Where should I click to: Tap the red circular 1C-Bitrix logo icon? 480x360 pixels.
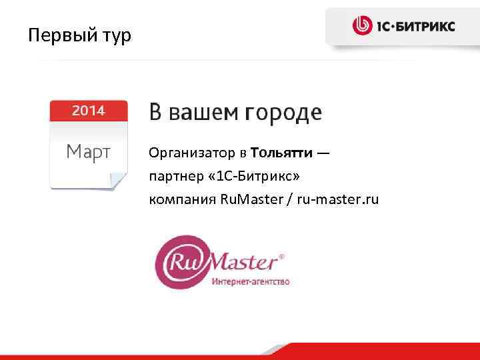pyautogui.click(x=363, y=26)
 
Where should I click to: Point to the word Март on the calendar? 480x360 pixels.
pyautogui.click(x=88, y=153)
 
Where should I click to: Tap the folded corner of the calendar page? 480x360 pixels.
pyautogui.click(x=117, y=181)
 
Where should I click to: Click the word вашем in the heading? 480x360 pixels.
pyautogui.click(x=203, y=113)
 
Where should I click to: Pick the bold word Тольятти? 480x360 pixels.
pyautogui.click(x=282, y=155)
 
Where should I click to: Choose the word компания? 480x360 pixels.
pyautogui.click(x=181, y=199)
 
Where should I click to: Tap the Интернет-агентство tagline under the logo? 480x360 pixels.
pyautogui.click(x=251, y=282)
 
